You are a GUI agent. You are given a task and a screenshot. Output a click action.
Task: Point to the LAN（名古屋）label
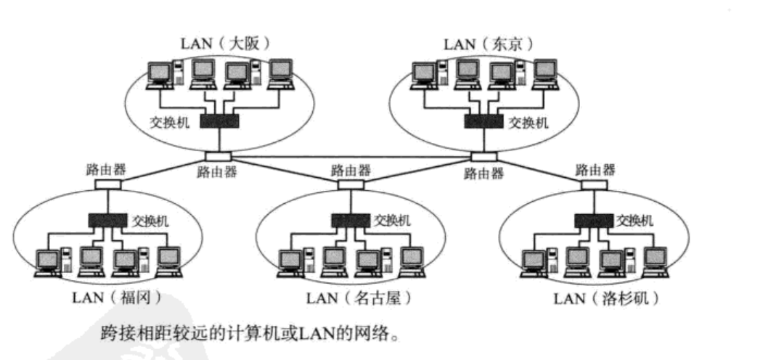point(360,297)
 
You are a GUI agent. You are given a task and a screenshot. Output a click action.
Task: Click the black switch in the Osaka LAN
point(219,122)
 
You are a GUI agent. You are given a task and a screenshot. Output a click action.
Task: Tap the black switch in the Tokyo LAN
point(483,122)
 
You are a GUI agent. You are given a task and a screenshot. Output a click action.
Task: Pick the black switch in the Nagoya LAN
point(349,220)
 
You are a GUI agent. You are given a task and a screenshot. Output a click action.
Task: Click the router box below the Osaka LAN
point(218,157)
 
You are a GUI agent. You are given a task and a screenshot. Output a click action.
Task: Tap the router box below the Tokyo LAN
point(483,157)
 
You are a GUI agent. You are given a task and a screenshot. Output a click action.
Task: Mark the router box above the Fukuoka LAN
point(107,184)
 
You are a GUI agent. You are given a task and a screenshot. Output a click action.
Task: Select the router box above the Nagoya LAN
point(351,184)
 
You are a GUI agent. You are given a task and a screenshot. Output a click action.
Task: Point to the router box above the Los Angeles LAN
point(594,184)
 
